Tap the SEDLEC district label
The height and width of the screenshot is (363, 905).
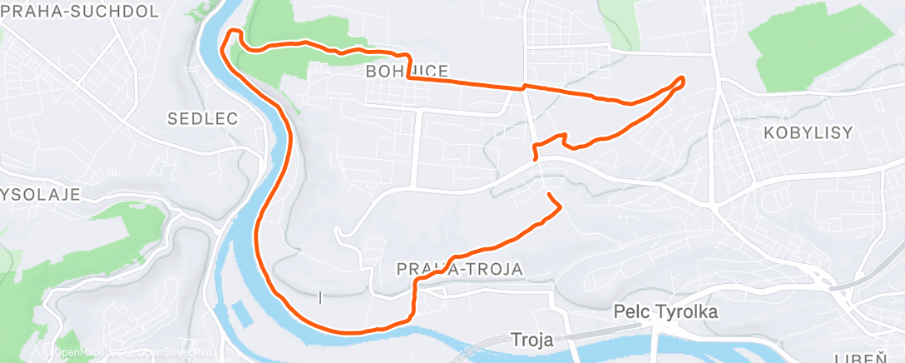(203, 119)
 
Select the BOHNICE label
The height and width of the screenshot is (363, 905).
(408, 72)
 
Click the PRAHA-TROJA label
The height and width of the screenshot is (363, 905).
(459, 269)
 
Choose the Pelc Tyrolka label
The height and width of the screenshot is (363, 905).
(665, 311)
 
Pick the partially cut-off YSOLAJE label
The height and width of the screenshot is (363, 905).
(39, 195)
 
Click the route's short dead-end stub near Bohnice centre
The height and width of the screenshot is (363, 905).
(533, 155)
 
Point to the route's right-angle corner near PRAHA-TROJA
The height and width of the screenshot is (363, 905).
(415, 283)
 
